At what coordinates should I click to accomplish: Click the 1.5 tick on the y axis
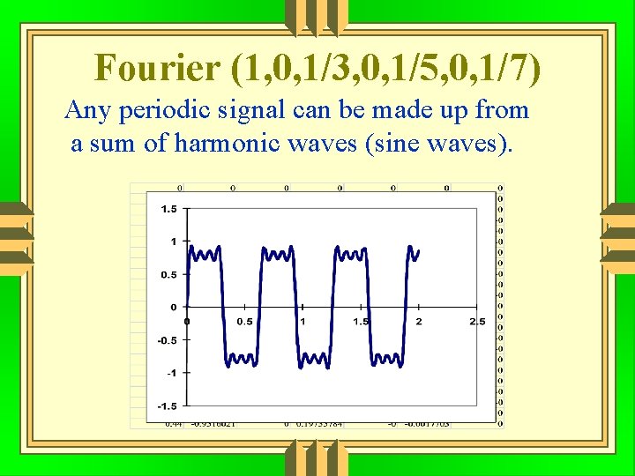[168, 209]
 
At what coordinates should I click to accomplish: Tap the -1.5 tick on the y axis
[165, 405]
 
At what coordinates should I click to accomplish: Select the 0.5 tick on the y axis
[168, 274]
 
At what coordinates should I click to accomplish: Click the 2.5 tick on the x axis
[477, 322]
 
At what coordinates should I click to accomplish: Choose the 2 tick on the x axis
[419, 322]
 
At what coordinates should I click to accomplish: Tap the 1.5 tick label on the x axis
[361, 322]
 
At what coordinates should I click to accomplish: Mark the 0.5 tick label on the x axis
[244, 322]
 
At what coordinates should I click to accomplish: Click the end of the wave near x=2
[418, 251]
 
